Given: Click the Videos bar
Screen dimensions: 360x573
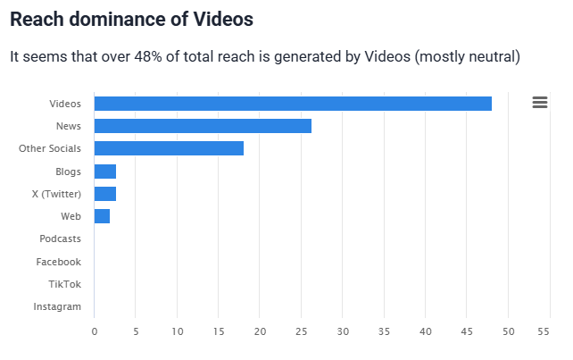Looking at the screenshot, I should pyautogui.click(x=293, y=104).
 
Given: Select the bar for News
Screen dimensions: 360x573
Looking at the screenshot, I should pyautogui.click(x=203, y=126).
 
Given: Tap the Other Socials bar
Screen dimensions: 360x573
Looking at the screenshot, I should pyautogui.click(x=169, y=148).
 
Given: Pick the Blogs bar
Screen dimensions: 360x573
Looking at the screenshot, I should pyautogui.click(x=105, y=172).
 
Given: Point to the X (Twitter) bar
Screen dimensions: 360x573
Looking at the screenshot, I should pyautogui.click(x=105, y=194).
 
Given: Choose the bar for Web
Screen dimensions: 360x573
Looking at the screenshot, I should pyautogui.click(x=102, y=216).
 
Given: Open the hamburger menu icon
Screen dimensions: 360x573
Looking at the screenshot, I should pyautogui.click(x=539, y=103).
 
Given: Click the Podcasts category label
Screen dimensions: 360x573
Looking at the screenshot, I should pyautogui.click(x=60, y=239).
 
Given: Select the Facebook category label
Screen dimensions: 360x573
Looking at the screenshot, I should pyautogui.click(x=58, y=262).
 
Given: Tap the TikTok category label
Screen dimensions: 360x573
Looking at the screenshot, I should pyautogui.click(x=64, y=284).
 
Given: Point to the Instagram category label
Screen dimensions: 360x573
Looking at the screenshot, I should pyautogui.click(x=57, y=306).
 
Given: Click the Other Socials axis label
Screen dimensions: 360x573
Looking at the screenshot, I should pyautogui.click(x=50, y=148).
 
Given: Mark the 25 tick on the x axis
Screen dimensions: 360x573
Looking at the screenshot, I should pyautogui.click(x=301, y=331).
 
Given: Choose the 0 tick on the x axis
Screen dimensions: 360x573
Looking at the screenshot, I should pyautogui.click(x=95, y=331).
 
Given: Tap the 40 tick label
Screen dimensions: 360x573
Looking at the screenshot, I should pyautogui.click(x=425, y=331).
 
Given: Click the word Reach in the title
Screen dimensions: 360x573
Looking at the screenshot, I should pyautogui.click(x=35, y=19).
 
